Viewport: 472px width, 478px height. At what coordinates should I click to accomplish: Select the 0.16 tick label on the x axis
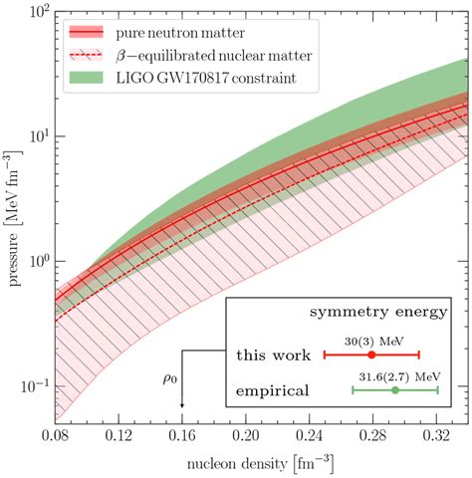[x=181, y=436]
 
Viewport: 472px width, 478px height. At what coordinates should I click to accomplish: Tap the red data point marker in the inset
[x=371, y=355]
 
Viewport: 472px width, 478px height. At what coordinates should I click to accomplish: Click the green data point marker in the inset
[x=395, y=389]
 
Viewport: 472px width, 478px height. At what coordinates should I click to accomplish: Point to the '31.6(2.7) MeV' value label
[x=396, y=374]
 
